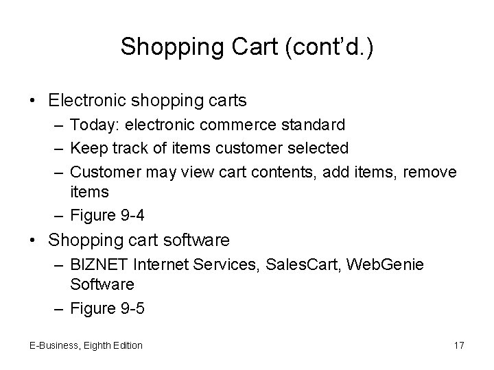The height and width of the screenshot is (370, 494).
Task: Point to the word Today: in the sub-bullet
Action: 93,125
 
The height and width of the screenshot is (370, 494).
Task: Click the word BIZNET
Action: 97,264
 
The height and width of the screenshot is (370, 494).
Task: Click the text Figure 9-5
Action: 107,308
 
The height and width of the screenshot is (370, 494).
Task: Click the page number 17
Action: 458,345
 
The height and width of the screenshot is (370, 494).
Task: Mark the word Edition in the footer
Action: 126,345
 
